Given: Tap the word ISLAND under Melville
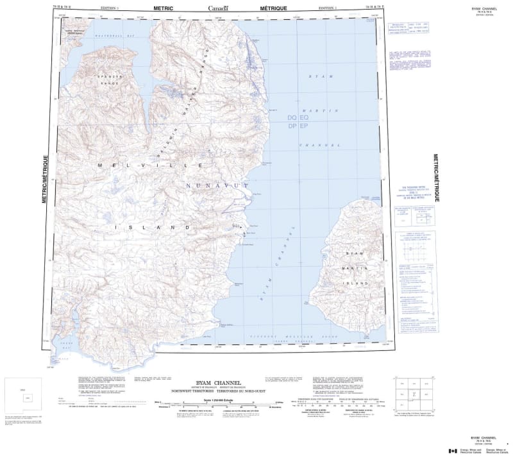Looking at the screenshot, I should (153, 228).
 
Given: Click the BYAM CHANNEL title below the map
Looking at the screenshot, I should (205, 382).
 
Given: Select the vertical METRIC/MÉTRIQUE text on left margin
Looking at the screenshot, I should (44, 180).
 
